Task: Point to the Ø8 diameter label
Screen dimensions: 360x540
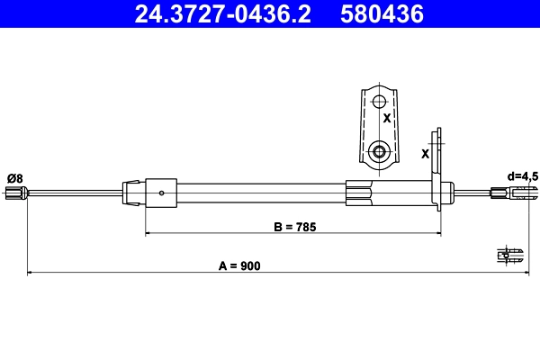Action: pyautogui.click(x=14, y=177)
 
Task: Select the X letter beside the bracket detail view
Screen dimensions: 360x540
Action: pyautogui.click(x=387, y=118)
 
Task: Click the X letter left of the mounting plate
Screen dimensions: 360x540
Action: pyautogui.click(x=425, y=154)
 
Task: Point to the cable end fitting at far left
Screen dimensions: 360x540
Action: pyautogui.click(x=15, y=192)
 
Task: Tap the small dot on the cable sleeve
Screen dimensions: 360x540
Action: pyautogui.click(x=161, y=191)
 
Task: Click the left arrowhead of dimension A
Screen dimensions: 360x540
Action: pyautogui.click(x=31, y=272)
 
